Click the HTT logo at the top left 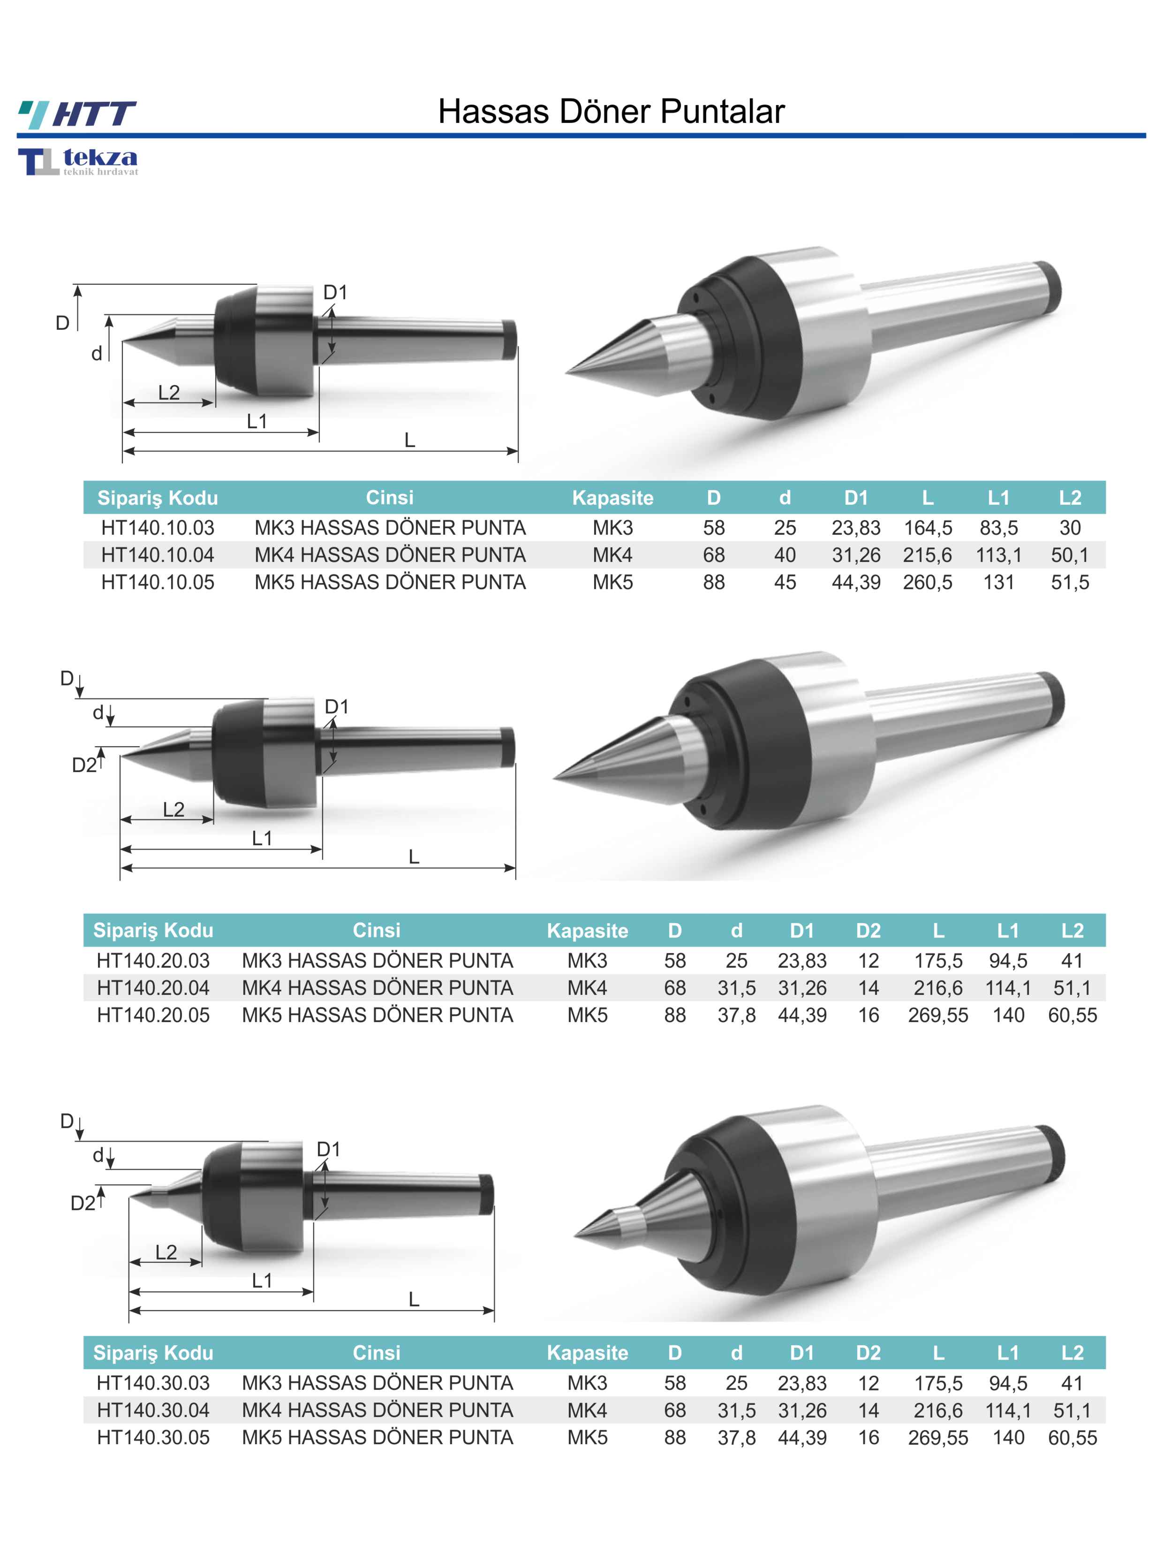point(77,114)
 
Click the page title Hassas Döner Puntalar point(612,111)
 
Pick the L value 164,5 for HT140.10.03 point(928,528)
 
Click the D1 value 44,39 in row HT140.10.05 point(856,582)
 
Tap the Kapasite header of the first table point(612,498)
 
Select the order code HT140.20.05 point(153,1015)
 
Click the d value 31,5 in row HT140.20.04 point(737,987)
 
